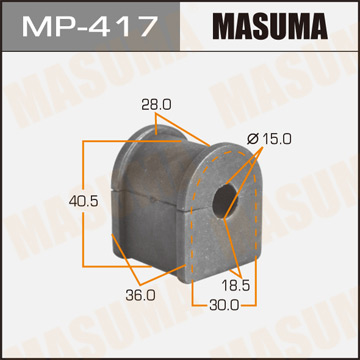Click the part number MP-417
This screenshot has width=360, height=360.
click(89, 25)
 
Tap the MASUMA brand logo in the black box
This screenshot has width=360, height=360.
click(269, 25)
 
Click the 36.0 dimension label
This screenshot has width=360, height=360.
click(112, 294)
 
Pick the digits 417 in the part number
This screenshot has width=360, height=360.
click(124, 25)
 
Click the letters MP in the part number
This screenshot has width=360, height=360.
click(46, 25)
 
